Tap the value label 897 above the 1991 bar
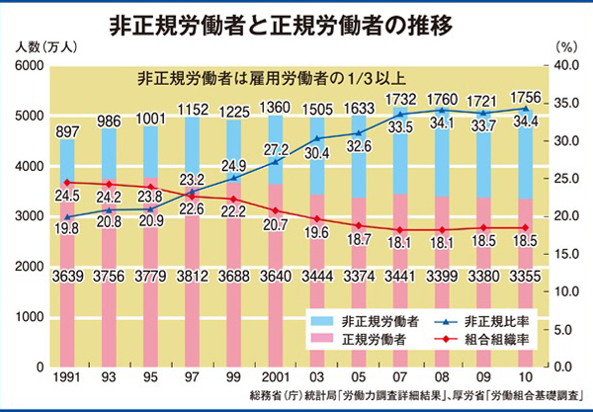click(66, 132)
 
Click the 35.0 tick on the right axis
click(568, 104)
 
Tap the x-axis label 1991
click(66, 379)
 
